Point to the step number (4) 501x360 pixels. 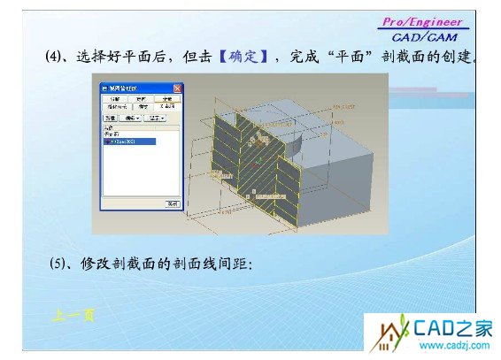click(x=56, y=57)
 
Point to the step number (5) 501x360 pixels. click(x=58, y=264)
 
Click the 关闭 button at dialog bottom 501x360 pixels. click(x=173, y=203)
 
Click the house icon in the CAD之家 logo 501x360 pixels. click(x=389, y=335)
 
